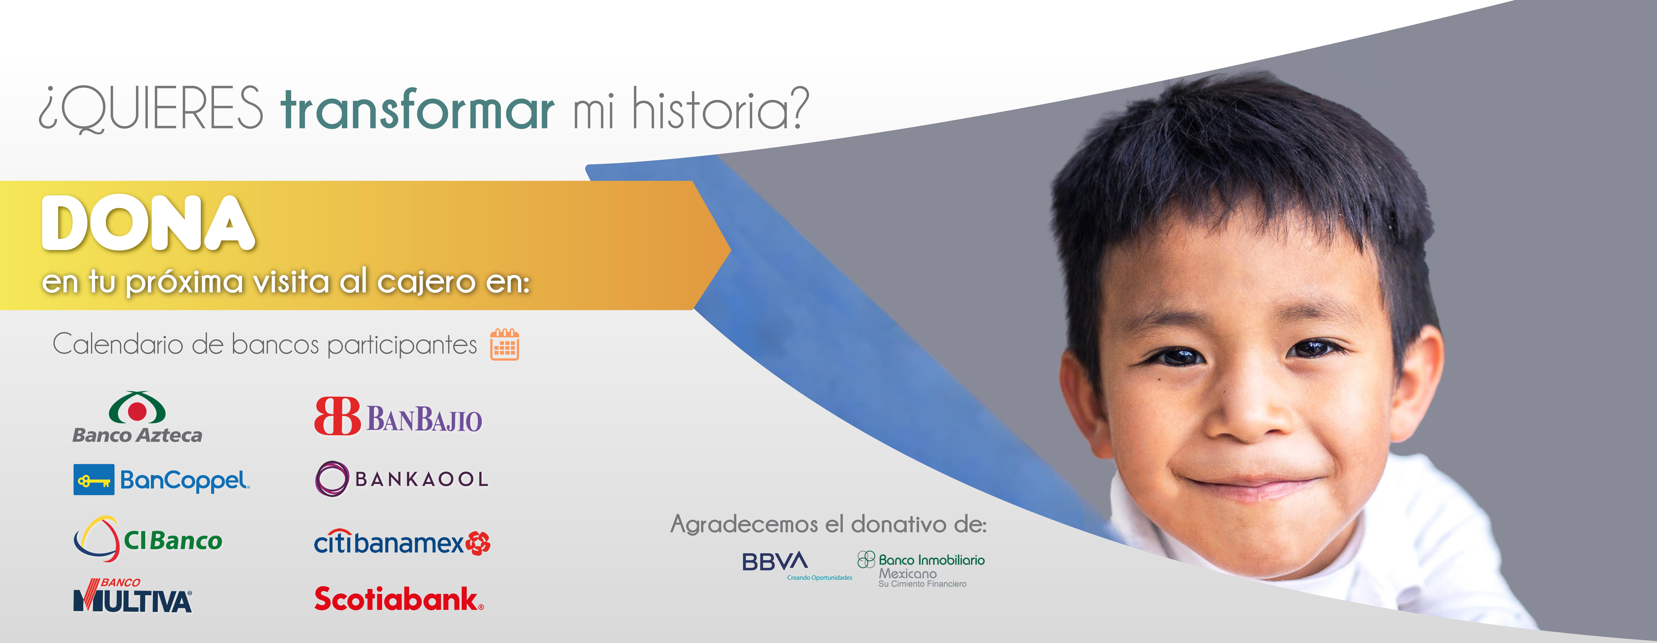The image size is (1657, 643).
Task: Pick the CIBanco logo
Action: (x=148, y=539)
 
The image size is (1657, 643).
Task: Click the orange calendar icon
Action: (x=504, y=345)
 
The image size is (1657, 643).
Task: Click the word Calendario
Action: (x=118, y=344)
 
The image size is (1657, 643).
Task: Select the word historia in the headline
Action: (x=721, y=108)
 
